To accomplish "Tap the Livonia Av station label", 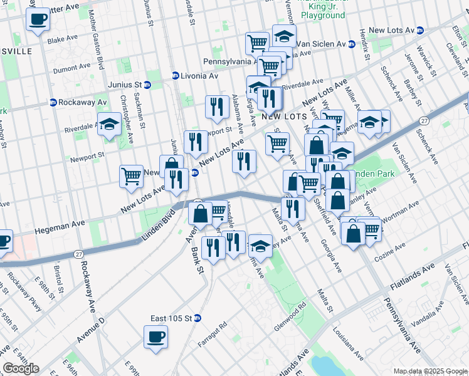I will tap(194, 76).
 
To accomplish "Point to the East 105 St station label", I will tap(171, 318).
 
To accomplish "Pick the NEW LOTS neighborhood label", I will tap(283, 117).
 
